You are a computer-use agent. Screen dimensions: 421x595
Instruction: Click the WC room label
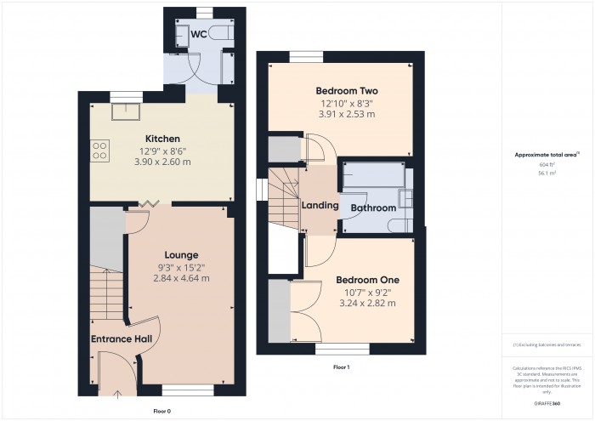point(198,34)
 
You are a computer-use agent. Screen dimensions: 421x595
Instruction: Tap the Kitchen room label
point(161,139)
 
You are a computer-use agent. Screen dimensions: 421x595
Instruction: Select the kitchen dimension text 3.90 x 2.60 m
point(161,161)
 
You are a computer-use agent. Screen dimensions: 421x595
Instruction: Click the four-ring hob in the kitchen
point(99,151)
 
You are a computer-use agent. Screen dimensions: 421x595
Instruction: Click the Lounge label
point(181,255)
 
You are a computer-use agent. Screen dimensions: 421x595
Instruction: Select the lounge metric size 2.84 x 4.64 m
point(181,278)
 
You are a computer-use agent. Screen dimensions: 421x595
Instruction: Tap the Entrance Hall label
point(122,339)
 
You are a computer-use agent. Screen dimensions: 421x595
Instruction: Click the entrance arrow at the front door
point(116,392)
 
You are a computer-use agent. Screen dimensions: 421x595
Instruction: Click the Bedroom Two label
point(346,91)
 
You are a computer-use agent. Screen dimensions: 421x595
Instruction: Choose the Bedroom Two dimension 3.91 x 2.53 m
point(346,113)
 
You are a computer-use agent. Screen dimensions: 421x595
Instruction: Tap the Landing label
point(320,206)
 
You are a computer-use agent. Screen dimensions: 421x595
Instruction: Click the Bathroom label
point(373,208)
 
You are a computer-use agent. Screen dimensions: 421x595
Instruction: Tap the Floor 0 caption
point(150,410)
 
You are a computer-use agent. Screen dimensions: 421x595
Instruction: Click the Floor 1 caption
point(340,367)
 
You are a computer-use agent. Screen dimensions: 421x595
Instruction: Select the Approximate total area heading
point(547,155)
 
